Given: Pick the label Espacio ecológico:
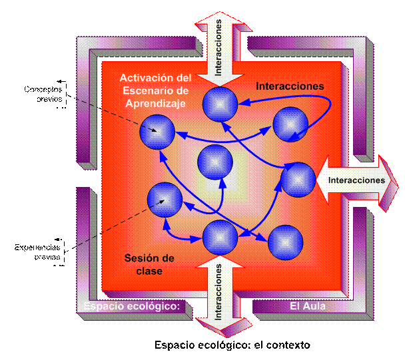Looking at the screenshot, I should (133, 307).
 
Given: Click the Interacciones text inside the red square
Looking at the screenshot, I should (290, 86).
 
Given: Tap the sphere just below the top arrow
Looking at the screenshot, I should (218, 104).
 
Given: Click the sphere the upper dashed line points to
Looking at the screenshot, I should (157, 130).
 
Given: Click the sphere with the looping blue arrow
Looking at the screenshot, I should (290, 124).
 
